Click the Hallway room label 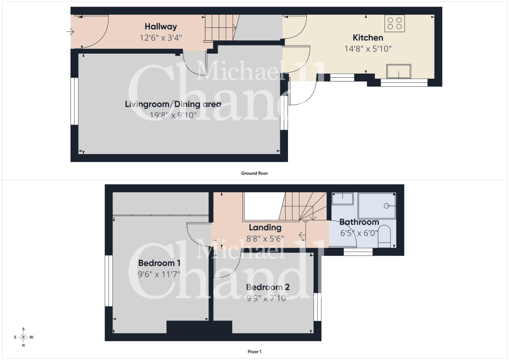161,27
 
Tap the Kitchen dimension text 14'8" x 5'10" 368,49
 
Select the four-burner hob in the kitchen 394,23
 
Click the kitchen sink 399,71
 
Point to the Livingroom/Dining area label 173,104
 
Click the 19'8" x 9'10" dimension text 173,115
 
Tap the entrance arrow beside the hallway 70,32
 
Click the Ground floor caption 254,173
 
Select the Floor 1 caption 254,352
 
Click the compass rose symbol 23,337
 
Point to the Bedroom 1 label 159,263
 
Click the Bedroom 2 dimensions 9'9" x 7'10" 268,298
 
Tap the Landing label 265,227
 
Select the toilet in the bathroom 384,236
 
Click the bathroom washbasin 342,199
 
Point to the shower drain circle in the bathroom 386,206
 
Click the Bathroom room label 359,222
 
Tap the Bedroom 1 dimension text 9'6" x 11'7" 159,274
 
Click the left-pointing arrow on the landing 302,235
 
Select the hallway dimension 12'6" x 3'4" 161,38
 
